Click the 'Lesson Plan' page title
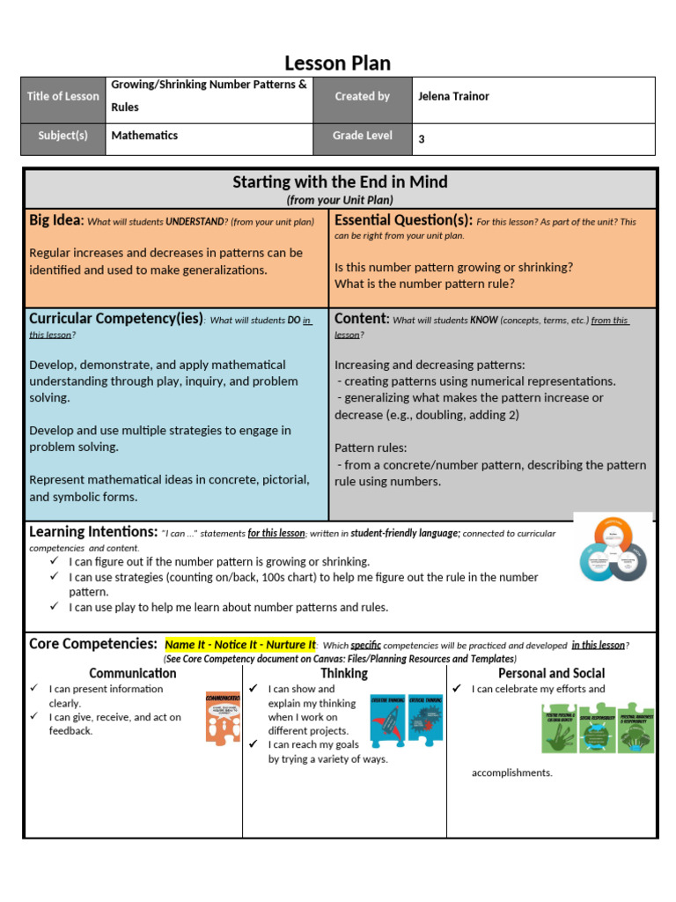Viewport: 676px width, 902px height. pyautogui.click(x=337, y=63)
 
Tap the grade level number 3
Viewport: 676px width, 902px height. pyautogui.click(x=422, y=139)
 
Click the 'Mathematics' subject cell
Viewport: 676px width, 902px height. pyautogui.click(x=144, y=136)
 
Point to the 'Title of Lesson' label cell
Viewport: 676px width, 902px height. pyautogui.click(x=63, y=97)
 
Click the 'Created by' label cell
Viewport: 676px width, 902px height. pyautogui.click(x=362, y=97)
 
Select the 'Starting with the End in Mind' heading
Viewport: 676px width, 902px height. pyautogui.click(x=340, y=182)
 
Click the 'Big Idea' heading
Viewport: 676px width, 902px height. pyautogui.click(x=56, y=220)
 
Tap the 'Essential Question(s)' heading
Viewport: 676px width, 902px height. pyautogui.click(x=403, y=220)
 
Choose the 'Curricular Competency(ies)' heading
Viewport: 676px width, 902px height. pyautogui.click(x=115, y=319)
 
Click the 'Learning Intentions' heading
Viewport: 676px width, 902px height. pyautogui.click(x=92, y=532)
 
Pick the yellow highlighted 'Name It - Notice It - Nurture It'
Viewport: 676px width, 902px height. pyautogui.click(x=239, y=645)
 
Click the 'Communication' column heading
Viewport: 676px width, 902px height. pyautogui.click(x=132, y=674)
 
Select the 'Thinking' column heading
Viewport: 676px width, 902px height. pyautogui.click(x=344, y=674)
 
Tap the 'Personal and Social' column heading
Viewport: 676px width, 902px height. pyautogui.click(x=551, y=674)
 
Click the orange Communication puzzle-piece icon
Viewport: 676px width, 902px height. pyautogui.click(x=223, y=718)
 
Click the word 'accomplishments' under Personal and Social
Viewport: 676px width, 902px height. pyautogui.click(x=512, y=773)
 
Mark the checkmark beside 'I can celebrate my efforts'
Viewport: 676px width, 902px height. pyautogui.click(x=458, y=689)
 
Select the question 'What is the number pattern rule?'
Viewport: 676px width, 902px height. pyautogui.click(x=424, y=284)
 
